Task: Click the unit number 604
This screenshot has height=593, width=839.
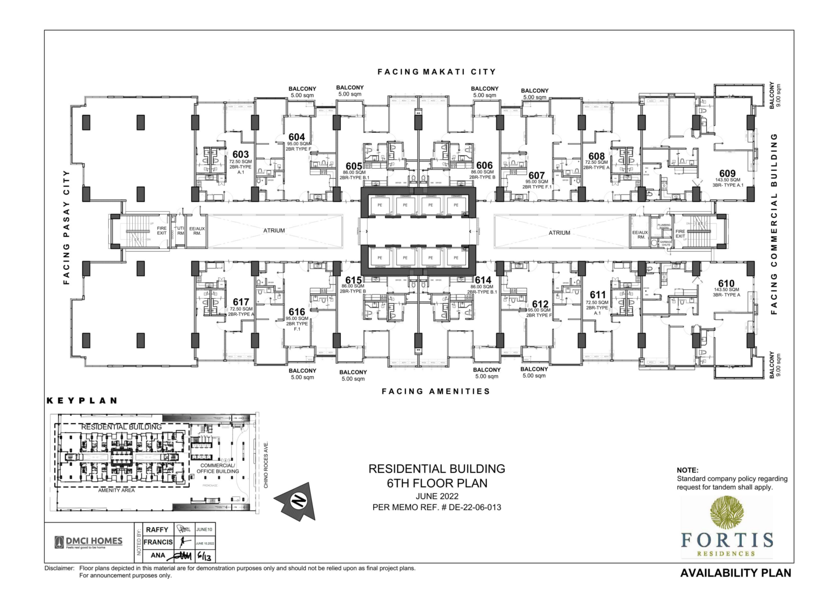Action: tap(297, 137)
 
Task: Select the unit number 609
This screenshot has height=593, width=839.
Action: tap(727, 174)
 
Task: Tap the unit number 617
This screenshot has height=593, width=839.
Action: tap(241, 302)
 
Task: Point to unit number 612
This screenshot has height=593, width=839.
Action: tap(540, 304)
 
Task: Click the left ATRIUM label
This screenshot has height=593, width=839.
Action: tap(274, 230)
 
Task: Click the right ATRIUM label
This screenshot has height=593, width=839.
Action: tap(559, 233)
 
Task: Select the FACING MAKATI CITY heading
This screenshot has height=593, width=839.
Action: tap(436, 72)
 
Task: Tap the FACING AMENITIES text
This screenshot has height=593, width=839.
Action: tap(435, 391)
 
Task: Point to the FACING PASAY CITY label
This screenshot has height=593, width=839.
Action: tap(67, 227)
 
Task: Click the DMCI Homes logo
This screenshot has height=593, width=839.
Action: tap(89, 542)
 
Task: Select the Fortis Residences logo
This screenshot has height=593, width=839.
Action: tap(726, 527)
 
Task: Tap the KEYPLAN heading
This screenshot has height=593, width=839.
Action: tap(82, 400)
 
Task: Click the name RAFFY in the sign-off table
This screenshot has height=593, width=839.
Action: tap(157, 530)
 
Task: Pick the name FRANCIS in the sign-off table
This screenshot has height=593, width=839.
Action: tap(158, 542)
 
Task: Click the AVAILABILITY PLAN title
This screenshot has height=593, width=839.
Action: tap(735, 573)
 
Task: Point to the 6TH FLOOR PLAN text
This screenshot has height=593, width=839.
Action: tap(436, 483)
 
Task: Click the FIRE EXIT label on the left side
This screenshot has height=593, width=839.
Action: tap(162, 231)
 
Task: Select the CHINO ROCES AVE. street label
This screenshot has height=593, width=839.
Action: tap(266, 465)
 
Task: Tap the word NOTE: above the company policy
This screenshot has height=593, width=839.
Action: tap(687, 470)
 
